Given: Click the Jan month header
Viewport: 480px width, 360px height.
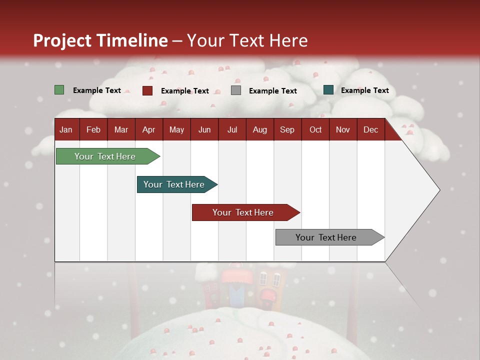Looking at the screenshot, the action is (x=66, y=130).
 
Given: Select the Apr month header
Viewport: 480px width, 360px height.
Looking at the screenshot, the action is (x=149, y=130).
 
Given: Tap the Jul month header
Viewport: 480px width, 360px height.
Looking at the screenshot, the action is (x=232, y=130).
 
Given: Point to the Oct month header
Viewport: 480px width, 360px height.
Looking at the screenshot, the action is (x=315, y=130).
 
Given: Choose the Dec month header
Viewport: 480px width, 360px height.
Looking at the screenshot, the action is (x=370, y=130).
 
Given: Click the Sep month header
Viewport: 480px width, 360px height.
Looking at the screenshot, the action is (x=287, y=130).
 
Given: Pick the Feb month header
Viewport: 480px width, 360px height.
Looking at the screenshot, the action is (x=93, y=130).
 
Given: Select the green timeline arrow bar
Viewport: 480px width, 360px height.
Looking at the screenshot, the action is (x=108, y=156).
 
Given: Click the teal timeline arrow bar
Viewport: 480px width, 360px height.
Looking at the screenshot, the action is (x=177, y=184).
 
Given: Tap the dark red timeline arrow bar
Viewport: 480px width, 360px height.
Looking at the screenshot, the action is (x=246, y=212).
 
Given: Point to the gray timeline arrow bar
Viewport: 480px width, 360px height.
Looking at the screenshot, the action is (x=330, y=237).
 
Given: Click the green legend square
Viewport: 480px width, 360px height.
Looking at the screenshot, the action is (x=59, y=90).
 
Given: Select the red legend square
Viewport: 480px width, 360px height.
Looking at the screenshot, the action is (x=147, y=90).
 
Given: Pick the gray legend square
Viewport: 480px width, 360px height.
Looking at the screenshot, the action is (x=236, y=90).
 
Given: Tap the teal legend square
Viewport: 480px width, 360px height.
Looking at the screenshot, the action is (x=328, y=89).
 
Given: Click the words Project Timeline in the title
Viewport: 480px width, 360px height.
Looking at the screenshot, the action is (x=100, y=40).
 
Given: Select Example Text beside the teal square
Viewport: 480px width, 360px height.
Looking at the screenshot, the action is (x=365, y=90).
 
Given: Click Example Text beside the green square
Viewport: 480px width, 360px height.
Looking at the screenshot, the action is (x=97, y=90).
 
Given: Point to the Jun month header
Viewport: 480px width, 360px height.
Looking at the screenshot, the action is (x=204, y=130).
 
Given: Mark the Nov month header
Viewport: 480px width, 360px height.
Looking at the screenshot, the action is (x=343, y=130).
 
